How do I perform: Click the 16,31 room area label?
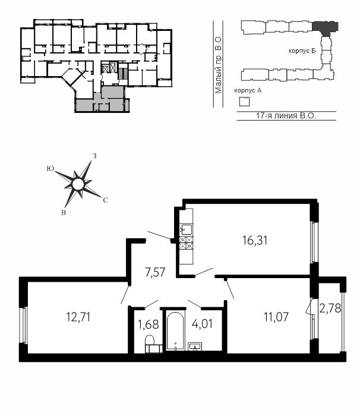point(255,240)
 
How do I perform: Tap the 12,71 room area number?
point(78,317)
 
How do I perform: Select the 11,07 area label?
point(276,317)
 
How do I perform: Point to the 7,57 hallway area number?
point(155,272)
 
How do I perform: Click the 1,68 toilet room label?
point(149,324)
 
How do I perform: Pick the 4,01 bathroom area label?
point(202,324)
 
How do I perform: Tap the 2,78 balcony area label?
point(330,308)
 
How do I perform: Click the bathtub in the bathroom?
point(175,331)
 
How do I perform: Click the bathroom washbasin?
point(195,346)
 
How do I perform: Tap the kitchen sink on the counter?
point(186,229)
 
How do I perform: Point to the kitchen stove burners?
point(186,242)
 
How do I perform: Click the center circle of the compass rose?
point(78,184)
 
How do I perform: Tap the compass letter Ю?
point(50,169)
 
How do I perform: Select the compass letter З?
point(94,156)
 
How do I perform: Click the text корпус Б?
point(302,51)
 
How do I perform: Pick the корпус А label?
point(248,90)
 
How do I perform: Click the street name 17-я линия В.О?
point(286,116)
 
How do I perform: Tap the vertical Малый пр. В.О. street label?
point(219,64)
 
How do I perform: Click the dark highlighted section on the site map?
point(325,28)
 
